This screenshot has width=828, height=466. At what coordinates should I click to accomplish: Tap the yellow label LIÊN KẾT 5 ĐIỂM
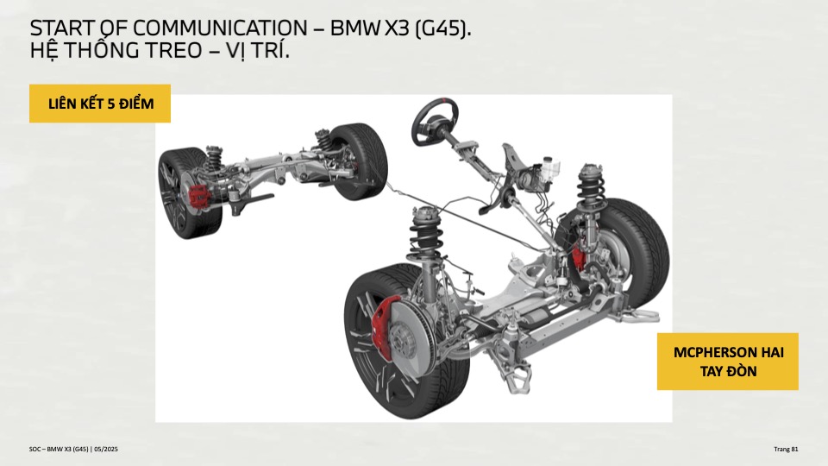coord(100,104)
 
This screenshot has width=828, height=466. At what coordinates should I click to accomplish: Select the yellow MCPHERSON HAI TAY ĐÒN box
coord(728,362)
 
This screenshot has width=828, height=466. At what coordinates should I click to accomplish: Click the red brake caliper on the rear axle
coord(198,196)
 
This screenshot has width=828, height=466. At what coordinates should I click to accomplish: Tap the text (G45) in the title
coord(442,28)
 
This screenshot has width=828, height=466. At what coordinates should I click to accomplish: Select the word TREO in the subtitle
coord(172,51)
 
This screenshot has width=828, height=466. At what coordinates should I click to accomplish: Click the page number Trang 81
coord(786,449)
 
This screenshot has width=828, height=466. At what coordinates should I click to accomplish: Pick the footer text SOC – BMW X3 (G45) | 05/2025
coord(73,449)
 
